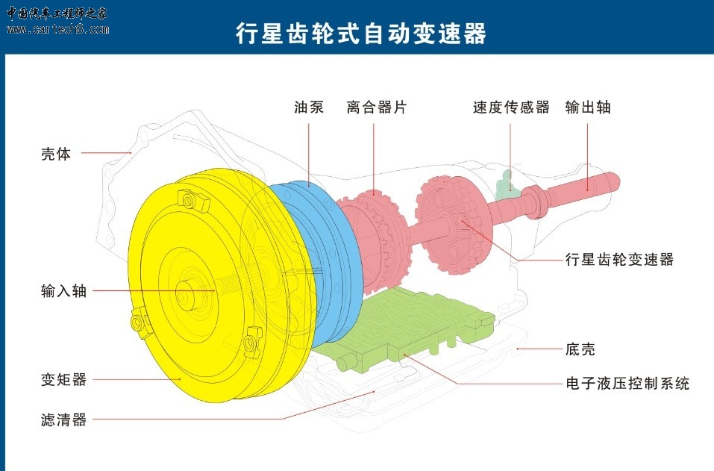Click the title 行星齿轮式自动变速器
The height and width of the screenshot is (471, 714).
click(x=360, y=34)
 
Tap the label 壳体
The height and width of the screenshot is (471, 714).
click(x=56, y=154)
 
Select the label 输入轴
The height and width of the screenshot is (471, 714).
click(x=63, y=290)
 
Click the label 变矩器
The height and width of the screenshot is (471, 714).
click(x=63, y=379)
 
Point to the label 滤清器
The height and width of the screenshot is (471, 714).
click(x=63, y=419)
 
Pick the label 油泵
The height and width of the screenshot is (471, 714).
click(x=309, y=107)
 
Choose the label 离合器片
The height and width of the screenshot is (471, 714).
click(x=376, y=107)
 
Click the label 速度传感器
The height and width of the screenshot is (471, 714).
click(x=511, y=107)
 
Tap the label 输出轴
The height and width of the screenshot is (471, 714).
click(x=588, y=107)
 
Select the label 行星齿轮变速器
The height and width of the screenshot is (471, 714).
click(x=619, y=260)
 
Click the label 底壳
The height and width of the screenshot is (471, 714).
click(x=580, y=349)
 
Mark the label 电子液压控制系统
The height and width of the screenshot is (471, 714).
click(x=627, y=383)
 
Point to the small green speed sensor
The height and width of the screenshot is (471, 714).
click(x=504, y=184)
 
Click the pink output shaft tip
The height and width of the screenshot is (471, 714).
click(x=613, y=181)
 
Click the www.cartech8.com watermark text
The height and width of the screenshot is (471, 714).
click(x=58, y=30)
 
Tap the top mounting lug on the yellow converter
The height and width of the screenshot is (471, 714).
click(x=192, y=201)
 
